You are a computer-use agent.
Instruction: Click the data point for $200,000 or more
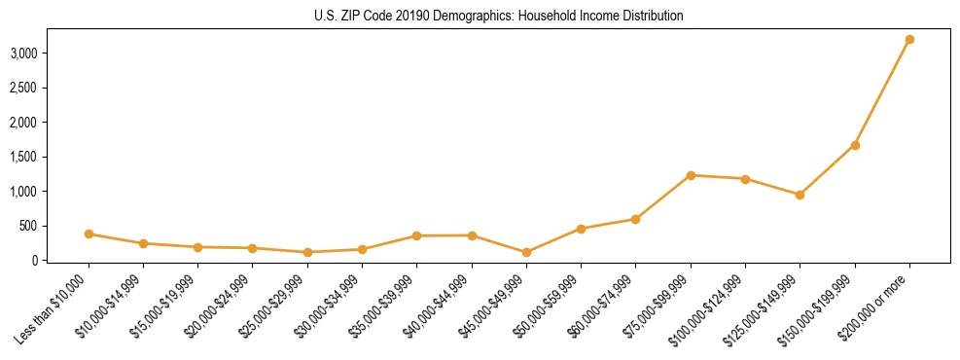(909, 40)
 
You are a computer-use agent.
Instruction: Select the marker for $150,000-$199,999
(855, 145)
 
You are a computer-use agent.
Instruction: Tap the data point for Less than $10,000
(89, 234)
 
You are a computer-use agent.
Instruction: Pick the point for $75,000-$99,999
(691, 175)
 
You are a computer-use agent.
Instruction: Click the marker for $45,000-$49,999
(526, 252)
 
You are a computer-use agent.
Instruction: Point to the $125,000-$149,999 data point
(800, 195)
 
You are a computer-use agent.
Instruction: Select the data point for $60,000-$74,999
(635, 219)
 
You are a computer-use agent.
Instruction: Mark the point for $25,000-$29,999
(307, 252)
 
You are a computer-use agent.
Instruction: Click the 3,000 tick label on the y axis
(24, 53)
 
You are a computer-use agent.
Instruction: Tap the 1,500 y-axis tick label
(24, 157)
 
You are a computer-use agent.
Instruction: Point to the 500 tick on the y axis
(29, 226)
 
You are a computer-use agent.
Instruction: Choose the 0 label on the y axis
(34, 261)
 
